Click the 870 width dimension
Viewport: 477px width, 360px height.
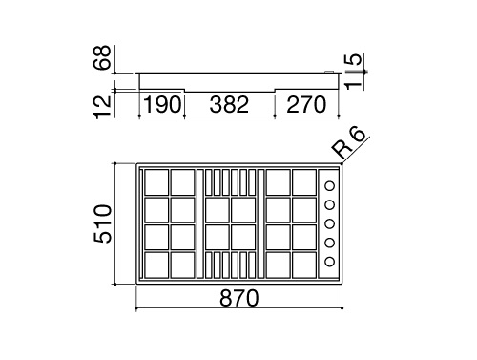click(x=239, y=298)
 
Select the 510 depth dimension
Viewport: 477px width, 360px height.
click(x=102, y=223)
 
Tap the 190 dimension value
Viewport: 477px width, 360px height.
click(x=162, y=104)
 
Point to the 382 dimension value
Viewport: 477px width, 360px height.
click(x=229, y=104)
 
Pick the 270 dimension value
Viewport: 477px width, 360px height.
click(x=306, y=104)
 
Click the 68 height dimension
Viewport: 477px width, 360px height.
click(x=102, y=57)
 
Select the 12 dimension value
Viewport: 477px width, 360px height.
click(x=102, y=107)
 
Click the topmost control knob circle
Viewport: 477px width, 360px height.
click(x=330, y=186)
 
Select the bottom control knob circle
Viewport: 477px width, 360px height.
click(x=330, y=262)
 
